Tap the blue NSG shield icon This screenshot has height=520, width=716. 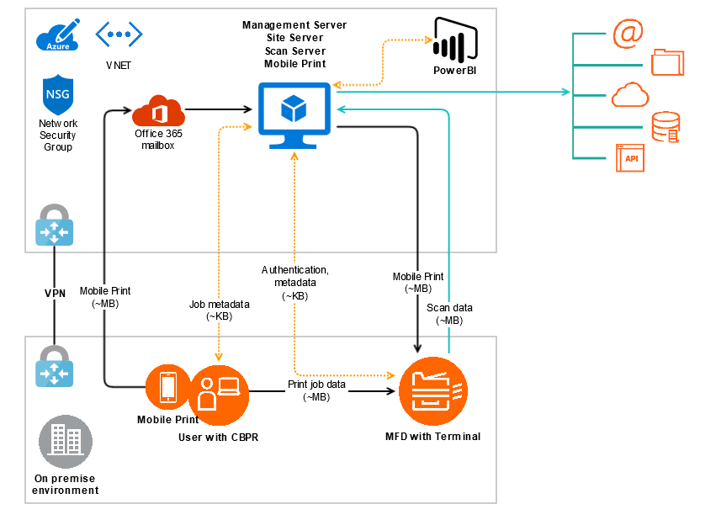click(x=57, y=95)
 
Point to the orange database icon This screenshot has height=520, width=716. click(x=666, y=127)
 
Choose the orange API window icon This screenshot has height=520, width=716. click(x=629, y=158)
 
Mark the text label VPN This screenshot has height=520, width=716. click(x=55, y=294)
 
